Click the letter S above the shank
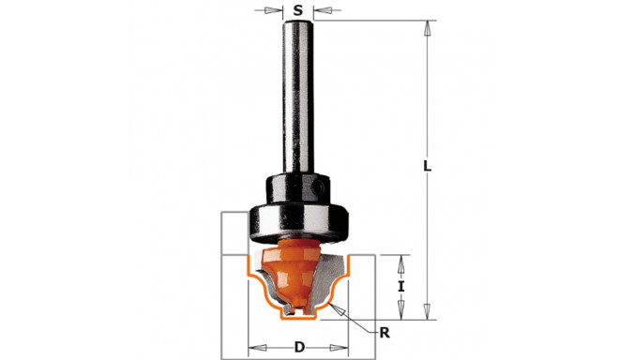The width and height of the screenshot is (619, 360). pyautogui.click(x=298, y=11)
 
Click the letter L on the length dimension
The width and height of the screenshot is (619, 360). pyautogui.click(x=427, y=166)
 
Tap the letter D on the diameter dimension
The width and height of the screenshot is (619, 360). pyautogui.click(x=299, y=348)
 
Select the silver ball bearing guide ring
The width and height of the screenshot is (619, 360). pyautogui.click(x=298, y=219)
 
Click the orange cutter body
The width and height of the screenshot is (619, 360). pyautogui.click(x=297, y=256)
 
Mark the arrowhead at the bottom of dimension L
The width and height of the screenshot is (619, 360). pyautogui.click(x=427, y=311)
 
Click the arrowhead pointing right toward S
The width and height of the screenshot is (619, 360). pyautogui.click(x=279, y=12)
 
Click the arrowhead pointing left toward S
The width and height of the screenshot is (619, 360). pyautogui.click(x=319, y=12)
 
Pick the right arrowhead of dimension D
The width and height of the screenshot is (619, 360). pyautogui.click(x=344, y=348)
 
